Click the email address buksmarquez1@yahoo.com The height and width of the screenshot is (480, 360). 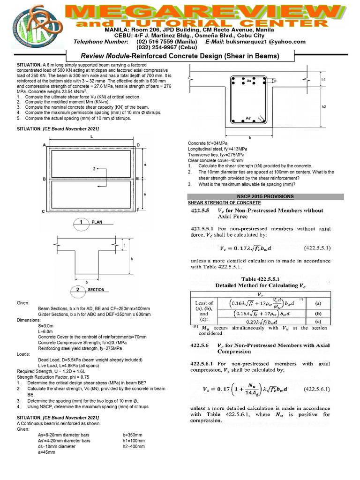point(268,42)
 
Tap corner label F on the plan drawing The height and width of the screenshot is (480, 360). point(138,212)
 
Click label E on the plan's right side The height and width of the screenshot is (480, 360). point(137,179)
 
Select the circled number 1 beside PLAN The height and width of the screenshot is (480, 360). point(82,223)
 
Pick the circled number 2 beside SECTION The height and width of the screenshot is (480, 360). point(78,289)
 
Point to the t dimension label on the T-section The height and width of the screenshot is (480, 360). point(124,245)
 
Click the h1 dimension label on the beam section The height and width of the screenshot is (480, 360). point(323,80)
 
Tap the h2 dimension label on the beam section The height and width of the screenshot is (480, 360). point(323,107)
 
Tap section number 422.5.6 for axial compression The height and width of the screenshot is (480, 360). point(202,345)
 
